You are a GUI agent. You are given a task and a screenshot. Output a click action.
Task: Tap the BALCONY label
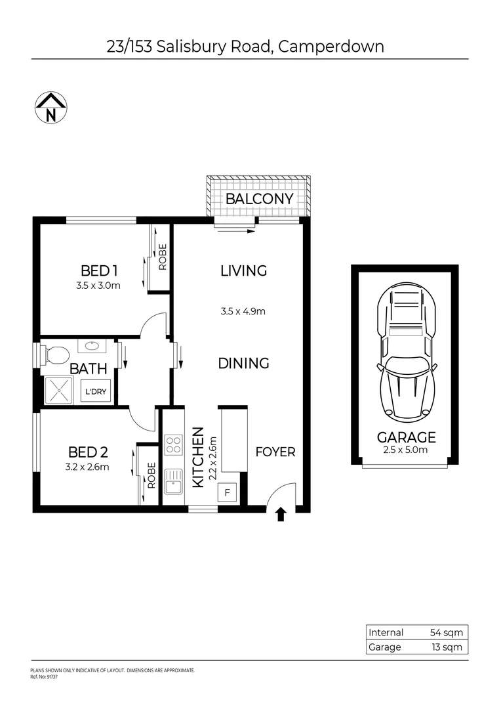point(259,199)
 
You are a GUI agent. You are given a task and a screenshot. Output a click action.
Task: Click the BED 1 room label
point(99,270)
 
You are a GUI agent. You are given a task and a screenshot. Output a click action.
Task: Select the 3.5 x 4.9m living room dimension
point(243,311)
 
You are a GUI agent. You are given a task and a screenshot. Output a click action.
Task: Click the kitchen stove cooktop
point(174,444)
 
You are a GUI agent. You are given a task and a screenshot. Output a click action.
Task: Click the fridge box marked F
point(228,492)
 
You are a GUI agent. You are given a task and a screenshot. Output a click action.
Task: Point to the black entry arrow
point(281,514)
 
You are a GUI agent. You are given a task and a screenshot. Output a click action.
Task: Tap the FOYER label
point(275,452)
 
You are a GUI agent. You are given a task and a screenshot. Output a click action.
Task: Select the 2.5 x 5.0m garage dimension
point(406,450)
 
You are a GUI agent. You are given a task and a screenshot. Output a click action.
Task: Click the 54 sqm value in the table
point(446,633)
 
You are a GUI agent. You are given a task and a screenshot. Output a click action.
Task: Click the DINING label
point(243,363)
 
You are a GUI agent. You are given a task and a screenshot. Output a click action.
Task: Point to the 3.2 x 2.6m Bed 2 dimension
point(88,467)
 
